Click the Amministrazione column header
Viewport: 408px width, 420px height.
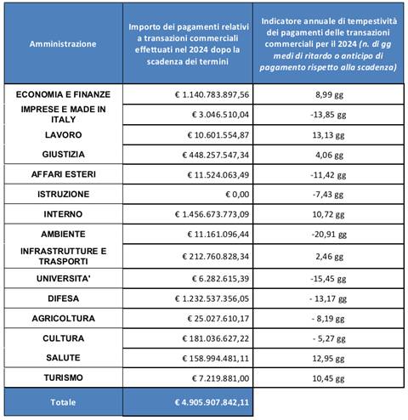63,44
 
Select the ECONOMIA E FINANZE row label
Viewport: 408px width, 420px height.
63,94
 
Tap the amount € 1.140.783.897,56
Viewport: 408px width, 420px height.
212,94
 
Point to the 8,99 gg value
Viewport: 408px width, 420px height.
329,94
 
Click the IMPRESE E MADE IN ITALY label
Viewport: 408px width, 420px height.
63,114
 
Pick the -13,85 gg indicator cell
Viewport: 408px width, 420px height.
328,115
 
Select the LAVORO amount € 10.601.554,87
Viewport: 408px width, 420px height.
218,135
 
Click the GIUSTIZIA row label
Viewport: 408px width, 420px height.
63,154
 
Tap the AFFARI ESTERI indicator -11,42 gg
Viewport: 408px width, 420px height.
328,175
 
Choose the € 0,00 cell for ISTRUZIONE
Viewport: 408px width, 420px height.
237,195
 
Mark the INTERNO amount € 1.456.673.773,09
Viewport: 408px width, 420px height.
212,214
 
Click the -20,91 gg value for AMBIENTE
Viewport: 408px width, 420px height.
329,235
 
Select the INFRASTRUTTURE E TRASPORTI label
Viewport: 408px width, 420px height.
63,256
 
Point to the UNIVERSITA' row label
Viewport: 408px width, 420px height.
63,279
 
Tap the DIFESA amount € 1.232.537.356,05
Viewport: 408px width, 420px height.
212,298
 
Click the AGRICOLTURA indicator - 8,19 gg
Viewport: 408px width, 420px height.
328,319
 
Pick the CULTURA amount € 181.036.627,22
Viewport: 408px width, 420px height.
216,338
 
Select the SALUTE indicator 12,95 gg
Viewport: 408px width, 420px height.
328,359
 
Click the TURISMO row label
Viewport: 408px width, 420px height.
63,377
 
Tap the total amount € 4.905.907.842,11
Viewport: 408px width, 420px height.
212,402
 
